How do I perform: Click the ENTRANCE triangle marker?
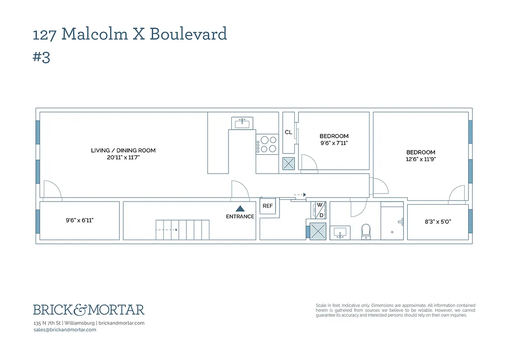pos(240,208)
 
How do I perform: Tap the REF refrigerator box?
pos(268,206)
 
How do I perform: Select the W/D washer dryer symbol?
pos(319,210)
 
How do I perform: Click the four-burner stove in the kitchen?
pos(267,144)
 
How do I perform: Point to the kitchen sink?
pos(243,122)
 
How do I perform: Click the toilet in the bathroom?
pos(366,232)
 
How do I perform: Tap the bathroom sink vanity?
pos(341,233)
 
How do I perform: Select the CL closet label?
pos(288,132)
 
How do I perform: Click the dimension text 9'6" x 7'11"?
pos(334,143)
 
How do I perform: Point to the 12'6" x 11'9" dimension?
pos(421,159)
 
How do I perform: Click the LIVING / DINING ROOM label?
pos(123,150)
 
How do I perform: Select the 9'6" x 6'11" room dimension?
pos(79,220)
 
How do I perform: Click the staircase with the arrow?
pos(182,229)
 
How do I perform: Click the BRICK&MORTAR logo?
pos(89,310)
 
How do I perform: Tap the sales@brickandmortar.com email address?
pos(65,330)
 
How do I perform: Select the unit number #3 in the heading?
pos(41,58)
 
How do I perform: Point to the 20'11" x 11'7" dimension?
pos(123,157)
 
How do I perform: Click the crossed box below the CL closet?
pos(288,164)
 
